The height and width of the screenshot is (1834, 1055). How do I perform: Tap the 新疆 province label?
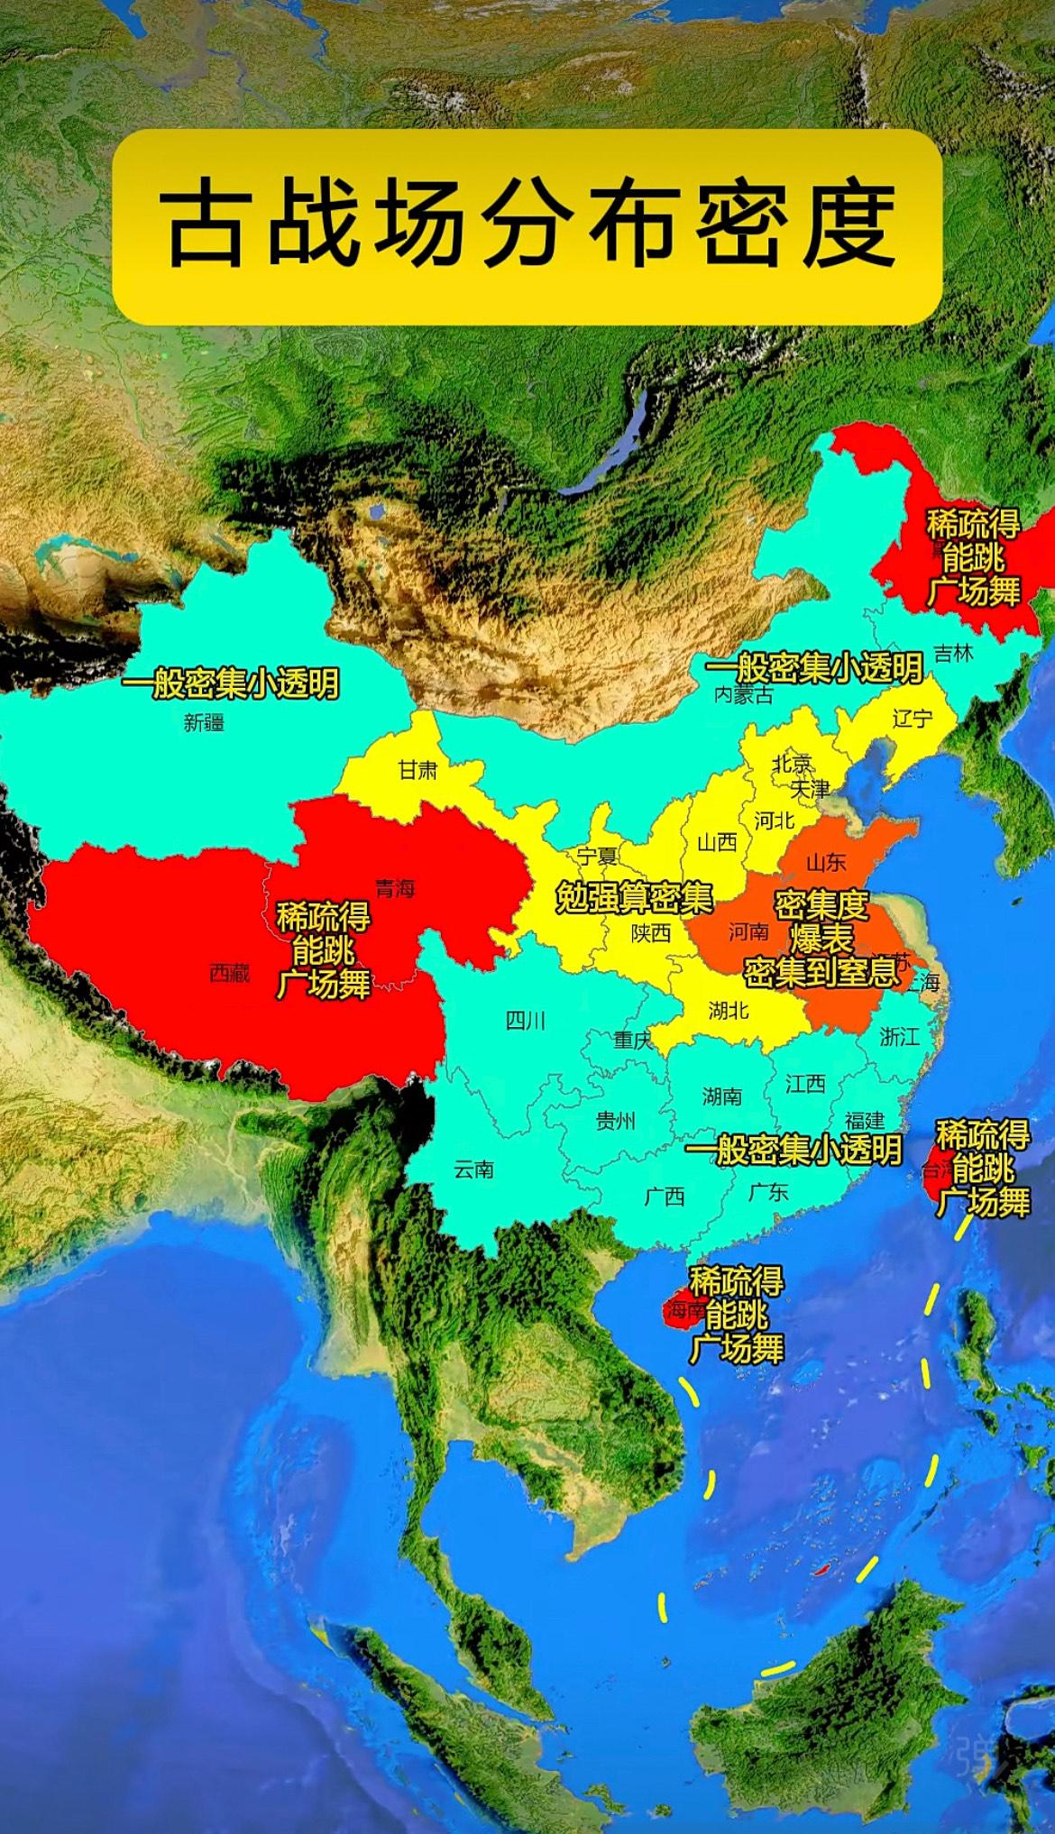pyautogui.click(x=204, y=722)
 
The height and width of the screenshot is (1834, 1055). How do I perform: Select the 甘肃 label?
pyautogui.click(x=417, y=770)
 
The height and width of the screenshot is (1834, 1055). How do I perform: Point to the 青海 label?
pyautogui.click(x=395, y=889)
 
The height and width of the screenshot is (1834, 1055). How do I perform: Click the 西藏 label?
pyautogui.click(x=229, y=973)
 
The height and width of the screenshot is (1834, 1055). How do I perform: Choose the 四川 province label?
pyautogui.click(x=525, y=1020)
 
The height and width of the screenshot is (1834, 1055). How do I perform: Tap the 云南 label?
pyautogui.click(x=473, y=1169)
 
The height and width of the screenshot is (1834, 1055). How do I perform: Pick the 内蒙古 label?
pyautogui.click(x=743, y=694)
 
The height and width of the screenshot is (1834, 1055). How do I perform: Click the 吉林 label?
pyautogui.click(x=953, y=654)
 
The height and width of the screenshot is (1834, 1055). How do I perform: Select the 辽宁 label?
pyautogui.click(x=912, y=719)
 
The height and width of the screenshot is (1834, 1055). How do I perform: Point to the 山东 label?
pyautogui.click(x=825, y=862)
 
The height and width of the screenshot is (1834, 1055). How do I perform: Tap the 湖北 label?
pyautogui.click(x=729, y=1010)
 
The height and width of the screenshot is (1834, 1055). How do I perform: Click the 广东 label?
pyautogui.click(x=768, y=1192)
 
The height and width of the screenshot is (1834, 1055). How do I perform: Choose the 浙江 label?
pyautogui.click(x=899, y=1037)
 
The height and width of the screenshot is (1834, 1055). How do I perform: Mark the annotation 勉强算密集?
pyautogui.click(x=634, y=898)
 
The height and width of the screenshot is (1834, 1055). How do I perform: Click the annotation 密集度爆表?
pyautogui.click(x=821, y=920)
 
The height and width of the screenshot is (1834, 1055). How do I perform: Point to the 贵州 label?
pyautogui.click(x=615, y=1121)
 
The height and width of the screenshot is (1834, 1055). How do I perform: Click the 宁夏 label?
pyautogui.click(x=598, y=856)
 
